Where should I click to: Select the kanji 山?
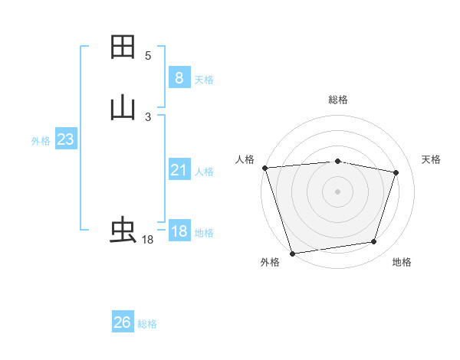pos(123,108)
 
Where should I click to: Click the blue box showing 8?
pos(179,78)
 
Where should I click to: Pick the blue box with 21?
pos(179,170)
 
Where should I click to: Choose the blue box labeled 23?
pos(65,139)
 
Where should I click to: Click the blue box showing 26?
pos(122,322)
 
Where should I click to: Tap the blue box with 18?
pos(179,231)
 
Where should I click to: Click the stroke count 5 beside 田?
pos(148,56)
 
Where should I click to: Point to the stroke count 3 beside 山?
pos(148,117)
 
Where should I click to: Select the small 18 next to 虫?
pos(148,240)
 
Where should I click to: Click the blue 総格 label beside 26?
pos(147,324)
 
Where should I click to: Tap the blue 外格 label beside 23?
pos(41,141)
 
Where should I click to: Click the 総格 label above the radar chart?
pos(337,100)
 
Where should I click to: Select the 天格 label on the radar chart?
pos(432,159)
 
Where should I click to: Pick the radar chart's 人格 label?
pos(245,159)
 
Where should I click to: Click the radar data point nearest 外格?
pos(292,253)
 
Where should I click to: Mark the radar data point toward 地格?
pos(374,242)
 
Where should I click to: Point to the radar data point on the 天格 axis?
pos(396,172)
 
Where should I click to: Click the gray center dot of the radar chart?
pos(337,191)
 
